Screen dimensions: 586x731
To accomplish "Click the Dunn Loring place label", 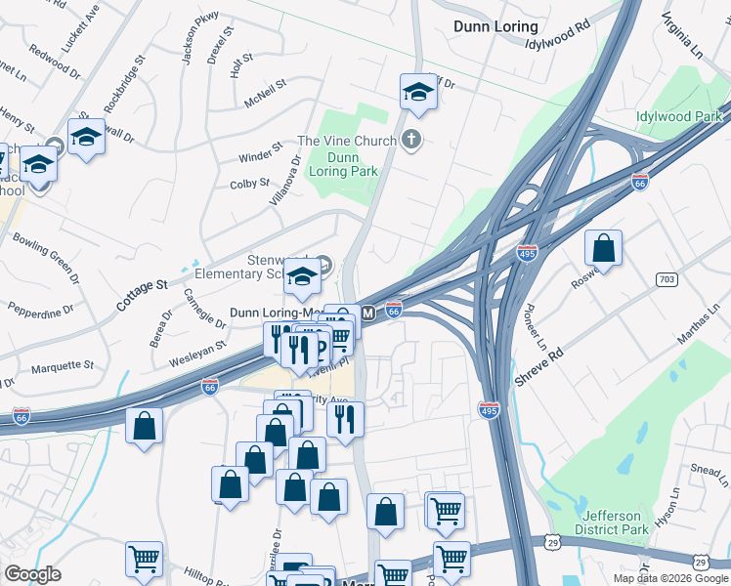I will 495,26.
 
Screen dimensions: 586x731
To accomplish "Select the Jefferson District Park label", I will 614,523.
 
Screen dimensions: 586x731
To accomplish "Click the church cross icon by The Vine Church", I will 411,141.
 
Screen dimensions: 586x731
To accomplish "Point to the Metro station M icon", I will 368,314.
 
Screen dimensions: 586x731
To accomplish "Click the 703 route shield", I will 667,280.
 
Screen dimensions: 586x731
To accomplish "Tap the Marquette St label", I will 62,366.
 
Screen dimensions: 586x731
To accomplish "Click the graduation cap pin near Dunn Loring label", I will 418,93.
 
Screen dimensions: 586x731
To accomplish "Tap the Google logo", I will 32,574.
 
